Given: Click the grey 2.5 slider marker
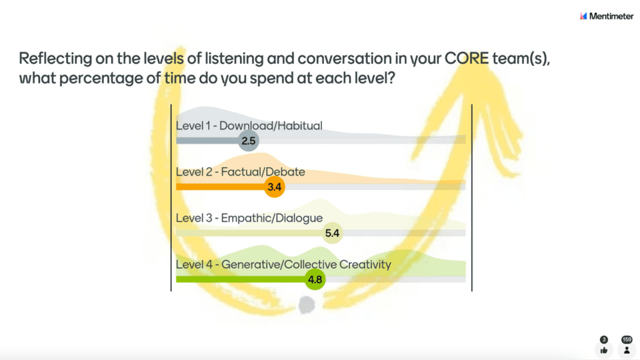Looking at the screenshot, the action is pos(248,141).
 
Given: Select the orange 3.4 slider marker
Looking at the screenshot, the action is pos(274,187).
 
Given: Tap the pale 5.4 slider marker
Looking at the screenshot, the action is pos(332,233).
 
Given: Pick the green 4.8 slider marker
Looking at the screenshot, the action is pos(315,279).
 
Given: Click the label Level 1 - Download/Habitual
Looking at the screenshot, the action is pos(249,126).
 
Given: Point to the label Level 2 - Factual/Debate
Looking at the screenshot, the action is pos(241,172).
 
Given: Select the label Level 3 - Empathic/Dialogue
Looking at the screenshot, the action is pos(249,218).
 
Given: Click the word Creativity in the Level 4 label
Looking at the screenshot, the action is pos(365,265).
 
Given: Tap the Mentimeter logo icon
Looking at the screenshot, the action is pos(583,16).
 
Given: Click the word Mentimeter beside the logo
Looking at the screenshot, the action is pos(611,16).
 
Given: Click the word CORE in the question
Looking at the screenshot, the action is pos(466,59).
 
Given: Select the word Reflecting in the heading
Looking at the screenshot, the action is pos(55,59).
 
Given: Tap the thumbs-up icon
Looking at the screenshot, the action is pos(604,350).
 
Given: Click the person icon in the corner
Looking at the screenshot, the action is pos(627,350).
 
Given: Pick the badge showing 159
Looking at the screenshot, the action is pos(627,339).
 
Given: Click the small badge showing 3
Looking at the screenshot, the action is pos(604,339).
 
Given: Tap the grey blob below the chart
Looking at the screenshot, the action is pos(307,305).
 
